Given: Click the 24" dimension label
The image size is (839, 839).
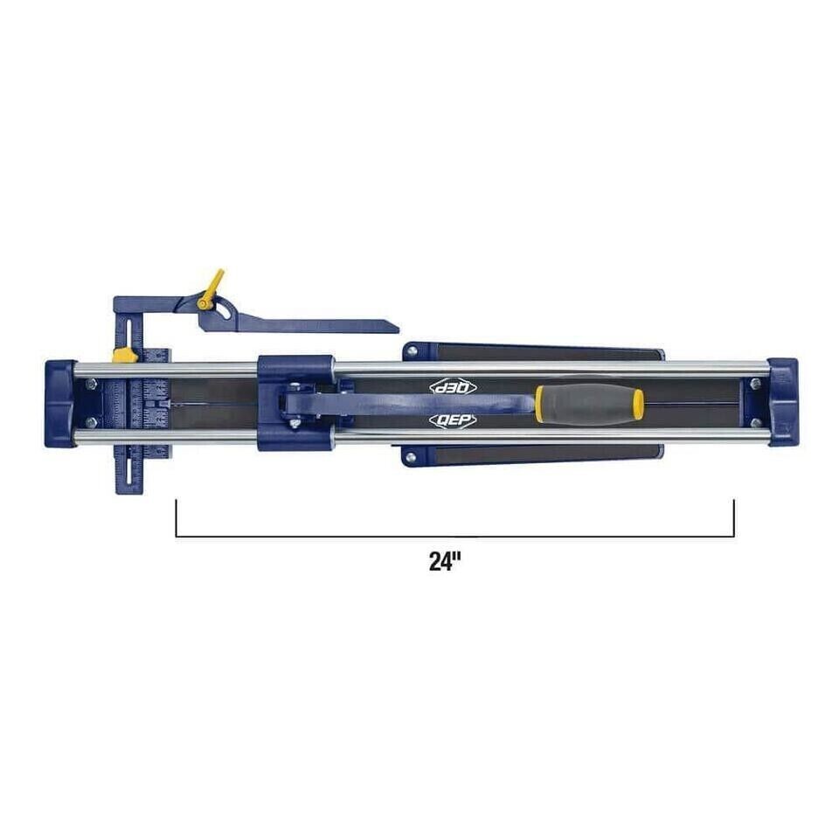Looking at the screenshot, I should (444, 561).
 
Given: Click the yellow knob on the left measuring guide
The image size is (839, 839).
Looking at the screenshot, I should (124, 356).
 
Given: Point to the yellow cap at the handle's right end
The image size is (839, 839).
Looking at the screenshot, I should (639, 404).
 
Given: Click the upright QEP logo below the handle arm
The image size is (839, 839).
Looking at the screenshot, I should (452, 420).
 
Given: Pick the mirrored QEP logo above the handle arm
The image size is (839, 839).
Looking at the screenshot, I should (452, 386).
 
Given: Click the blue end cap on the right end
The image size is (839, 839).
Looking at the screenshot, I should (782, 401).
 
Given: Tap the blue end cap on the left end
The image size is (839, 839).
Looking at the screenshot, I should (59, 403).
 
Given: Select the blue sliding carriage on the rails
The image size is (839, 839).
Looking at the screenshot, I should (295, 402).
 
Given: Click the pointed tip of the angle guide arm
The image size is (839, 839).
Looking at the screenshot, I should (394, 329).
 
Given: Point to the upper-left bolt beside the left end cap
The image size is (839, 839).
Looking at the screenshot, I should (91, 382).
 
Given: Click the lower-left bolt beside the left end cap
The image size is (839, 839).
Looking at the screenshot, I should (91, 423).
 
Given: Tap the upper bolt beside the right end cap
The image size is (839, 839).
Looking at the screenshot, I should (754, 383).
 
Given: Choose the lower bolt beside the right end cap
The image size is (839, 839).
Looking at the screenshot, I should (754, 422).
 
